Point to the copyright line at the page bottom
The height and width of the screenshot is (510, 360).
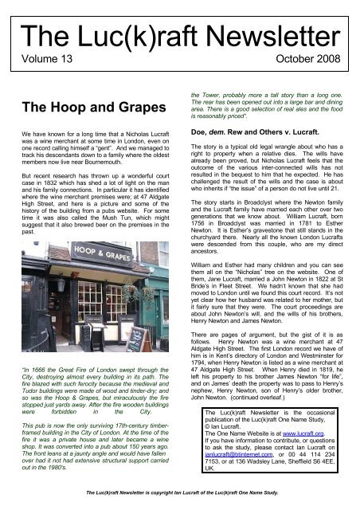point(179,501)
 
